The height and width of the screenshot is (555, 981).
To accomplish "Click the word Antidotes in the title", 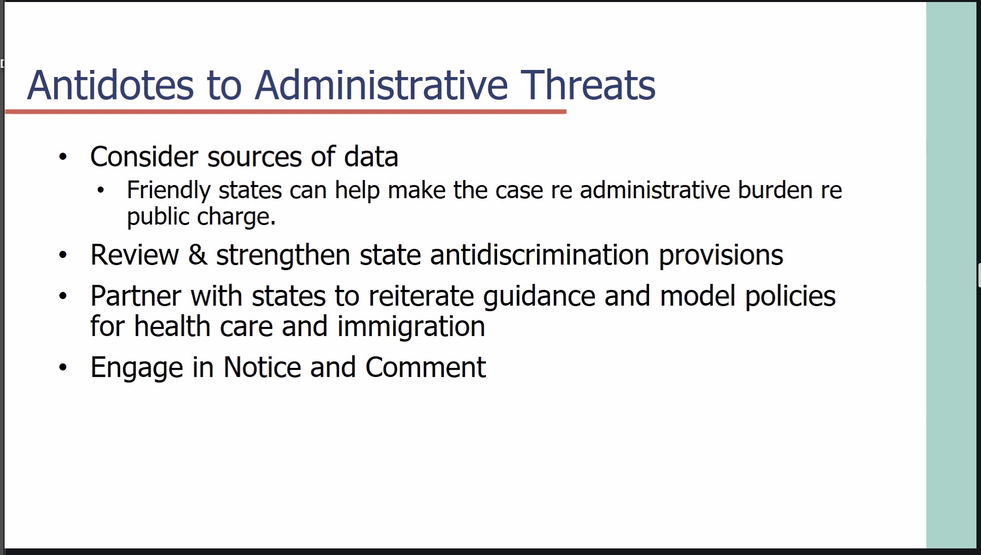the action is tap(110, 85).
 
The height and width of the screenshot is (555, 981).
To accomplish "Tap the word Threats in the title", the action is tap(588, 85).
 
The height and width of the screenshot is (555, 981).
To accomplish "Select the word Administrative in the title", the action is tap(381, 85).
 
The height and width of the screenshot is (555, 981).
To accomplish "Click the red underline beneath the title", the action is tap(286, 112).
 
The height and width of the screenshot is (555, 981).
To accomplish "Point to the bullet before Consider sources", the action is tap(63, 157).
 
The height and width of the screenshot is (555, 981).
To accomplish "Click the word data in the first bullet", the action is tap(371, 157).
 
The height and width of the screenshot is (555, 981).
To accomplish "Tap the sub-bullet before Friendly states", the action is tap(100, 191).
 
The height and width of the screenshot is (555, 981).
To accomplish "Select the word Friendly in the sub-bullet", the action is tap(169, 191).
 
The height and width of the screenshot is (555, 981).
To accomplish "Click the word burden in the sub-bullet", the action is tap(775, 190).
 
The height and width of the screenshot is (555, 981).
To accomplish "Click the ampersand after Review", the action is tap(198, 254).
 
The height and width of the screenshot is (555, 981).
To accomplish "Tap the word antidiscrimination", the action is tap(540, 254).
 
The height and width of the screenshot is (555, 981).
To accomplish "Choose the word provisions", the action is tap(721, 255).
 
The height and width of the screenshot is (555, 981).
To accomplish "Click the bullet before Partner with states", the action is tap(63, 296).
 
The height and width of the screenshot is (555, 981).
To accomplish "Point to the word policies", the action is tap(790, 297).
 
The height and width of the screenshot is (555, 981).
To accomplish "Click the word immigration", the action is tap(411, 326).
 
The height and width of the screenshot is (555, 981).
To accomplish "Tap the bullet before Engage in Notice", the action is tap(63, 367).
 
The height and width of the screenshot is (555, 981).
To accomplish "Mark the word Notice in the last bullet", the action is tap(262, 367).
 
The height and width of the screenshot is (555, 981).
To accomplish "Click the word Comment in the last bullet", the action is tap(425, 367).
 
